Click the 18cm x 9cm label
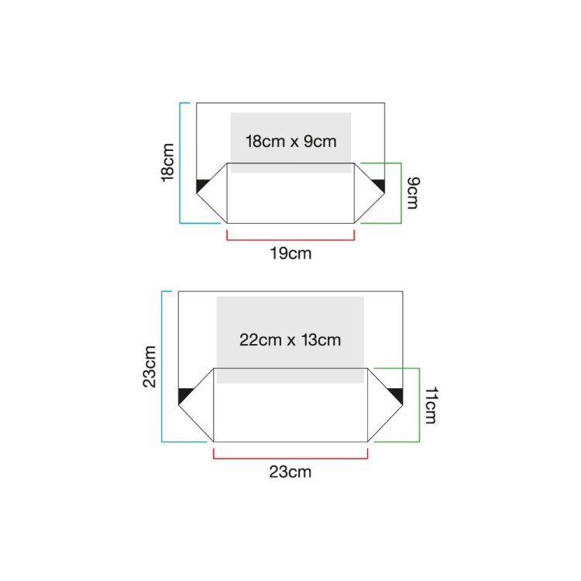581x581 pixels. pos(290,142)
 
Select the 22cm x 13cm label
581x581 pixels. pos(290,339)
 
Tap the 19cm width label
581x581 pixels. pos(290,253)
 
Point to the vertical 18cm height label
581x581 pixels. pos(168,163)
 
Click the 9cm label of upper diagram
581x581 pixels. pos(412,193)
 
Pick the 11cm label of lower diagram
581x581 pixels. pos(431,405)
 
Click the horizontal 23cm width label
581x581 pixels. pos(290,472)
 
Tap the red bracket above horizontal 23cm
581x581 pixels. pos(290,458)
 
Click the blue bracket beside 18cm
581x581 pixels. pos(180,163)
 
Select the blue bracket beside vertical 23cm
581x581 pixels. pos(162,366)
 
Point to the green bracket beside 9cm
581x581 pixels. pos(400,193)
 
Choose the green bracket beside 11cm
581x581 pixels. pos(418,405)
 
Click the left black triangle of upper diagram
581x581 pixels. pos(201,186)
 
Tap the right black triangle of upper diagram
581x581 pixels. pos(380,186)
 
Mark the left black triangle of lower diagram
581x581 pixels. pos(184,395)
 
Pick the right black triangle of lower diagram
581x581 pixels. pos(397,395)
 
